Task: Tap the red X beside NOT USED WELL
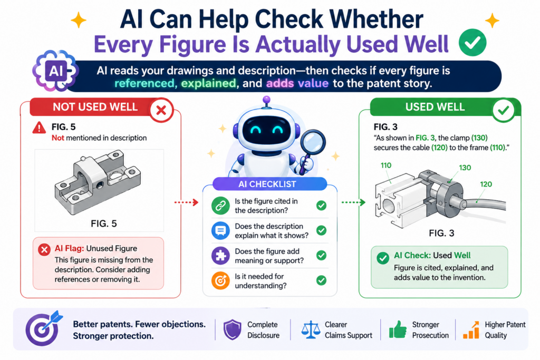point(161,111)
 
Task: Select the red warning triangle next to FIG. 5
point(39,128)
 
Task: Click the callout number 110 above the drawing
point(385,165)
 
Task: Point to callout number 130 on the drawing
point(465,168)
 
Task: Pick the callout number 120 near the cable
point(486,184)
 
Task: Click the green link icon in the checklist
point(220,206)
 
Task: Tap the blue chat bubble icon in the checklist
point(220,230)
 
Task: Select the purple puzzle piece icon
point(220,255)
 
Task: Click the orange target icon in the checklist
point(220,280)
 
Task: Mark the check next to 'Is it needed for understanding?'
point(321,280)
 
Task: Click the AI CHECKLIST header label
point(267,184)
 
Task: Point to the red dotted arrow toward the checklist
point(186,202)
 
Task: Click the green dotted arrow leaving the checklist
point(353,202)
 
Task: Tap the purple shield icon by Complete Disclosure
point(233,329)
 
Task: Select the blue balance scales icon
point(311,330)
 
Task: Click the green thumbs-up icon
point(398,329)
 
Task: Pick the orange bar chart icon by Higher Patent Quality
point(471,330)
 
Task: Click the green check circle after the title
point(472,42)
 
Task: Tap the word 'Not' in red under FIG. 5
point(58,138)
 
